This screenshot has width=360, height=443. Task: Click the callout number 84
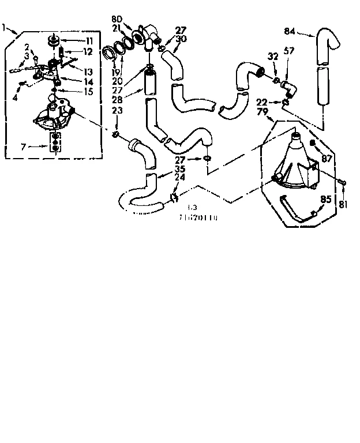(290, 31)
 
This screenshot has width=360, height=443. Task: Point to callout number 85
(326, 201)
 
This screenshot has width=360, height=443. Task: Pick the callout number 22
(261, 102)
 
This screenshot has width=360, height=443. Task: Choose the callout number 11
(88, 40)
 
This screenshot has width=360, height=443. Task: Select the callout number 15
(88, 91)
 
